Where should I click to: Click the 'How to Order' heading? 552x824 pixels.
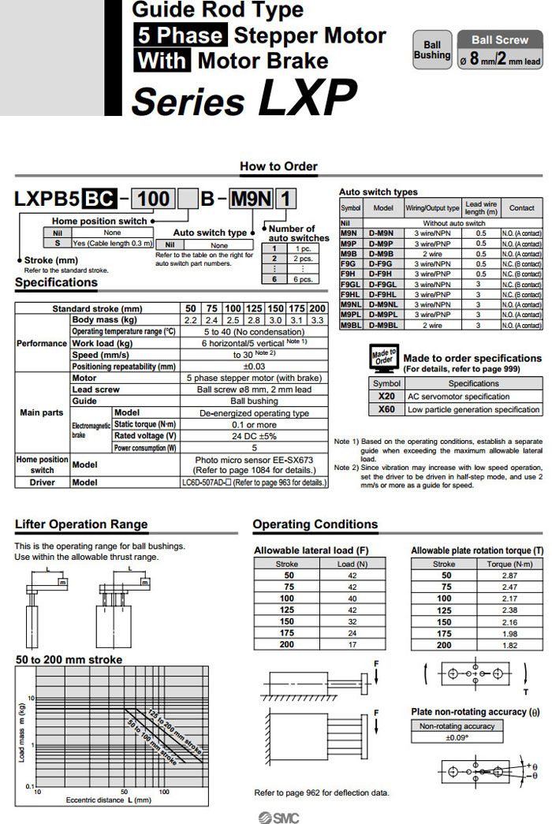(278, 166)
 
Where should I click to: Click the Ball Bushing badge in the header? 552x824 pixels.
(431, 50)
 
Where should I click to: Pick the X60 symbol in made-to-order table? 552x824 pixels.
(386, 409)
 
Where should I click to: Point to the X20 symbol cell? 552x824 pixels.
(386, 396)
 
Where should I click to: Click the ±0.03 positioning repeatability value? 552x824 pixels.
(254, 366)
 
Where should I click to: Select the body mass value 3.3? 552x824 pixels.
(317, 320)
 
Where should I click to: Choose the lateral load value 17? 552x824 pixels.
(352, 644)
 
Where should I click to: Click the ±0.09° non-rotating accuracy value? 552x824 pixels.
(457, 737)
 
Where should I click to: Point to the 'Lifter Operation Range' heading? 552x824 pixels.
(81, 524)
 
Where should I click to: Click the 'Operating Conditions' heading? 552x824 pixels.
(315, 524)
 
